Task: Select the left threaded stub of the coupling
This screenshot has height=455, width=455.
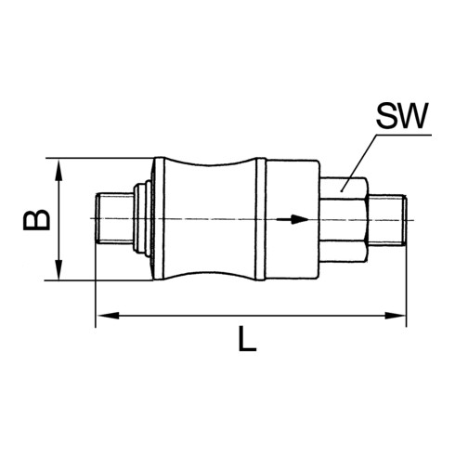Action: tap(114, 219)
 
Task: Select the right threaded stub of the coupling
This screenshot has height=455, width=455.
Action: tap(388, 219)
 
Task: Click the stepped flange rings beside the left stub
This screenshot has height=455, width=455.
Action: tap(140, 219)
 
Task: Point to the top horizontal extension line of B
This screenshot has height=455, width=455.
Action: tap(102, 158)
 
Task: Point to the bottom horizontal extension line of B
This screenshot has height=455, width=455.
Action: tap(102, 280)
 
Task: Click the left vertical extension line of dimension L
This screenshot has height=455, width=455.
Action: tap(96, 288)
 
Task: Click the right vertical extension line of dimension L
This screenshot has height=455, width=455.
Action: tap(407, 288)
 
